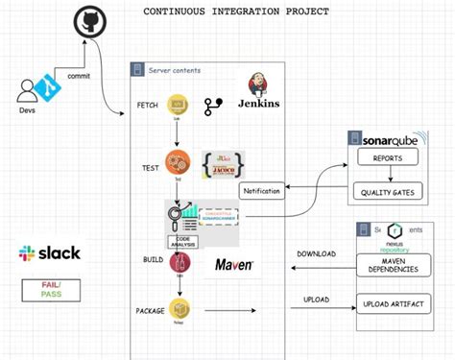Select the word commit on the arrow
(81, 75)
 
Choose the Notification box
(261, 190)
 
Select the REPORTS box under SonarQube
(387, 157)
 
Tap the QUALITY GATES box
(387, 191)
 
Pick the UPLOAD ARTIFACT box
(394, 304)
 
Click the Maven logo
(233, 264)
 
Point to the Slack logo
(49, 254)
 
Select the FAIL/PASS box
(49, 290)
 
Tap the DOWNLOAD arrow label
(317, 254)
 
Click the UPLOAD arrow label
(317, 300)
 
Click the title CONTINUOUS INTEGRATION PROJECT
(236, 12)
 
